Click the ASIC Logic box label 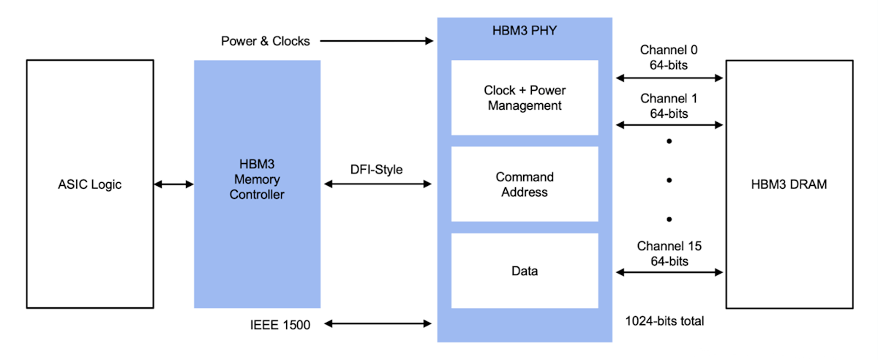90,184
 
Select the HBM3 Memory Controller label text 257,179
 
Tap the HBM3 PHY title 525,31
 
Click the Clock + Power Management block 525,98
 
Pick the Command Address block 525,184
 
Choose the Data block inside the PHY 525,271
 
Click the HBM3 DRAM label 789,184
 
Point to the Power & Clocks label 266,41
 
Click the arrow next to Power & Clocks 377,41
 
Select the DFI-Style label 376,169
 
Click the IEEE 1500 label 279,323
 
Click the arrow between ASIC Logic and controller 173,184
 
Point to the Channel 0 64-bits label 669,57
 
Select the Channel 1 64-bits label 669,106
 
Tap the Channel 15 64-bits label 669,253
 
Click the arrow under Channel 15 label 669,272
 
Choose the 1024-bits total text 664,320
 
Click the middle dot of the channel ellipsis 669,179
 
